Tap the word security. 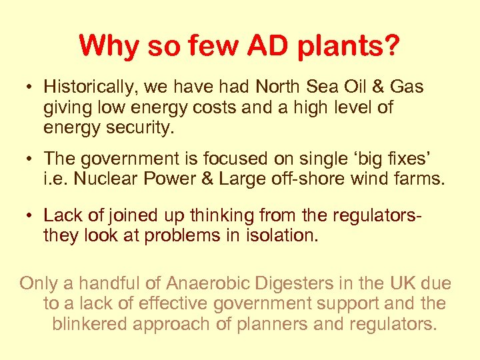click(139, 127)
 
